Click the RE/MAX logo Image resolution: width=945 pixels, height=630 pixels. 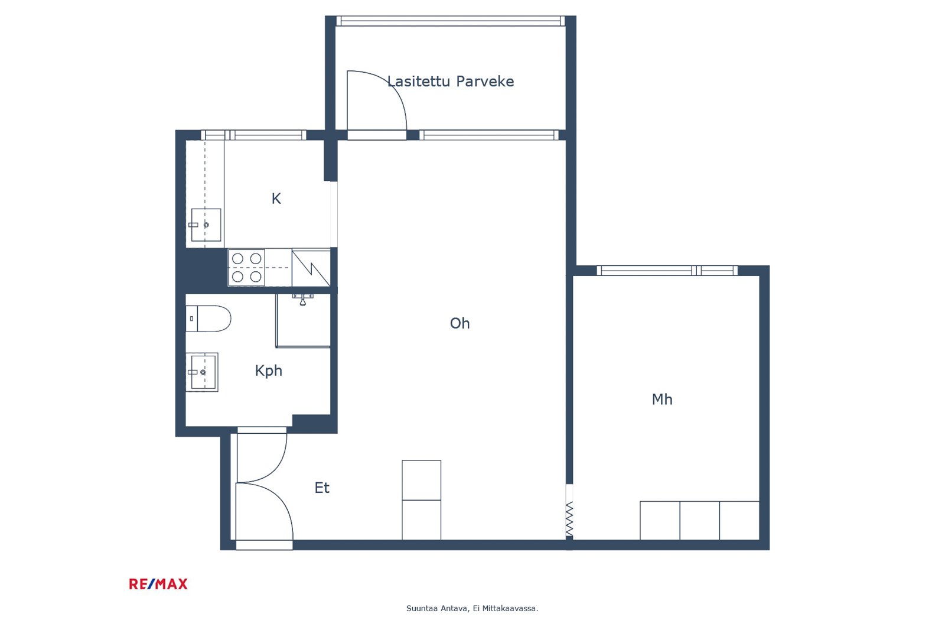point(158,584)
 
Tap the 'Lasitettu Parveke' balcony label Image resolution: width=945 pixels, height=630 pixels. point(451,81)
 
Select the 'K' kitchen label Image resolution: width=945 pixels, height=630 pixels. point(276,199)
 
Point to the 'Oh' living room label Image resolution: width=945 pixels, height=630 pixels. point(460,323)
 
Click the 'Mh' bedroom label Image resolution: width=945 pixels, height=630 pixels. point(662,400)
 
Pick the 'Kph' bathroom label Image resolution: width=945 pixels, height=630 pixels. point(268,371)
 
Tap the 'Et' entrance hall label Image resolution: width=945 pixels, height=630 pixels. point(322,488)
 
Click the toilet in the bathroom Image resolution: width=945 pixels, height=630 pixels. point(208,319)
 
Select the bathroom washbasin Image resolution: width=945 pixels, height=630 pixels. point(202,372)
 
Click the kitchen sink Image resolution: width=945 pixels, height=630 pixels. point(206,225)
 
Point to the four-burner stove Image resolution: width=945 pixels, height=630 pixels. point(247,267)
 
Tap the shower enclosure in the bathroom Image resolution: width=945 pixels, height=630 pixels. point(304,321)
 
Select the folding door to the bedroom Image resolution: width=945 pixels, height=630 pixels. point(569,518)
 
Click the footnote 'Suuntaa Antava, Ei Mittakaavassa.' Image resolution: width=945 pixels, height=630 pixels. point(472,609)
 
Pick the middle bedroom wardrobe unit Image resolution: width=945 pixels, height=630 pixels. point(699,520)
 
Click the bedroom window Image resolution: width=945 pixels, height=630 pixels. point(667,270)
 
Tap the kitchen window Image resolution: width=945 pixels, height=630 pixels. point(253,135)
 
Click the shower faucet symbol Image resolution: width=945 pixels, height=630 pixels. point(302,299)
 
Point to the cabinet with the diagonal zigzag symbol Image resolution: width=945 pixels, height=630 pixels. point(311,268)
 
